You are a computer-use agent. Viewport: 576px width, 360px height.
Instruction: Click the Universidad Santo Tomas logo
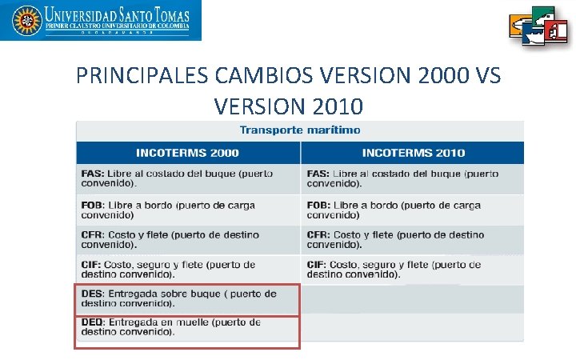101,20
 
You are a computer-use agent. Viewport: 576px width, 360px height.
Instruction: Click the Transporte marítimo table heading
300,130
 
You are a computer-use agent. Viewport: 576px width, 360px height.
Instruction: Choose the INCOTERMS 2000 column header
187,153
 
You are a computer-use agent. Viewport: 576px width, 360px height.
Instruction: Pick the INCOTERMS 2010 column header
413,153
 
